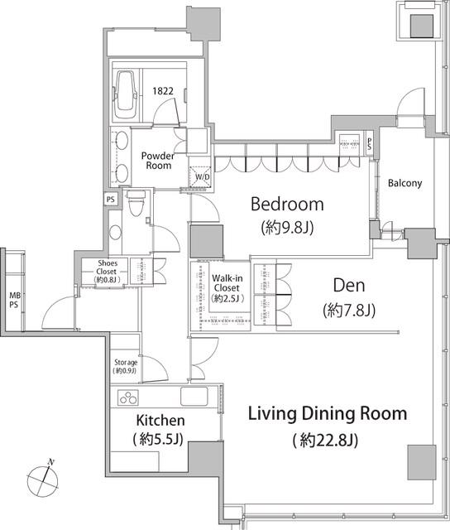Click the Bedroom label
[x=287, y=205]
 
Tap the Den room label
[x=349, y=286]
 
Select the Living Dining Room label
[x=328, y=414]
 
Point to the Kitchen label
[x=160, y=421]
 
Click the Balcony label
[x=405, y=183]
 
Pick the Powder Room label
[x=158, y=161]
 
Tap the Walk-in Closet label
[x=227, y=283]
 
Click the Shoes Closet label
[x=108, y=267]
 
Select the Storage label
[x=126, y=363]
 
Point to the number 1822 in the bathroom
[x=163, y=91]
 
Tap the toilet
[x=136, y=203]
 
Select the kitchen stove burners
[x=128, y=397]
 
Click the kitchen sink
[x=194, y=396]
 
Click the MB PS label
[x=14, y=300]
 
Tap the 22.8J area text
[x=325, y=441]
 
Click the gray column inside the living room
[x=422, y=462]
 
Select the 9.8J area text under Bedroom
[x=287, y=228]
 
